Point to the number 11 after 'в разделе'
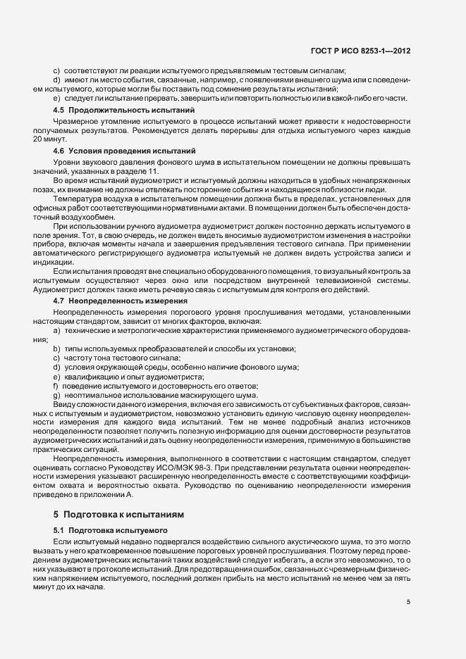[154, 172]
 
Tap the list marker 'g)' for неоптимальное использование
[56, 396]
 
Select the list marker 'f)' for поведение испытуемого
[56, 387]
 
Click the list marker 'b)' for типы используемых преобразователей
[56, 349]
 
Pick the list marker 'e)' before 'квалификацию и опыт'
[56, 377]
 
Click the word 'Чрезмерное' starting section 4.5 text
[73, 122]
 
